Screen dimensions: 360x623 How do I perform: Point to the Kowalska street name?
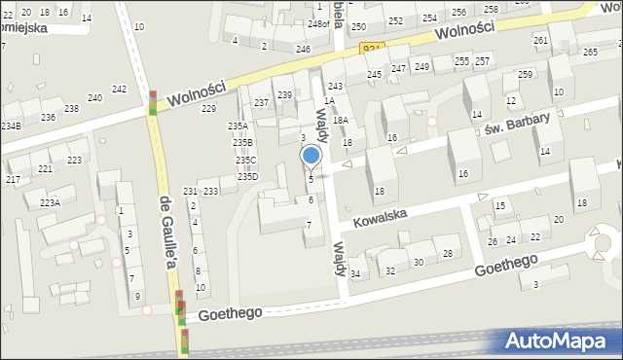coord(393,214)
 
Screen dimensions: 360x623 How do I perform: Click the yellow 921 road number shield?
coord(371,49)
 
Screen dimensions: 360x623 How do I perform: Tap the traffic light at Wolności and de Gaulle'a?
coord(153,103)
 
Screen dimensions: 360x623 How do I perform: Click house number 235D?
coord(248,176)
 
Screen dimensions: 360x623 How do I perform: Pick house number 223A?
coord(50,202)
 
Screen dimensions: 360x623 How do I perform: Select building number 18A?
coord(340,120)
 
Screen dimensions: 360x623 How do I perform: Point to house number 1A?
coord(329,100)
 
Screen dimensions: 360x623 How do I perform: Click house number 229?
coord(208,108)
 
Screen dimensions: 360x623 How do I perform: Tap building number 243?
coord(335,87)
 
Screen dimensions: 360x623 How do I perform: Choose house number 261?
coord(540,40)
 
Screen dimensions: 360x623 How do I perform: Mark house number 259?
coord(525,75)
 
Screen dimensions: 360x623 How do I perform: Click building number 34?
coord(355,273)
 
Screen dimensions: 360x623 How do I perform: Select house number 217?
coord(13,180)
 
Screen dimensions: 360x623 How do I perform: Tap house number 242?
coord(119,89)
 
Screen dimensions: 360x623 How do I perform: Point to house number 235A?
coord(238,126)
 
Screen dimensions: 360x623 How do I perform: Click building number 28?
coord(447,253)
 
